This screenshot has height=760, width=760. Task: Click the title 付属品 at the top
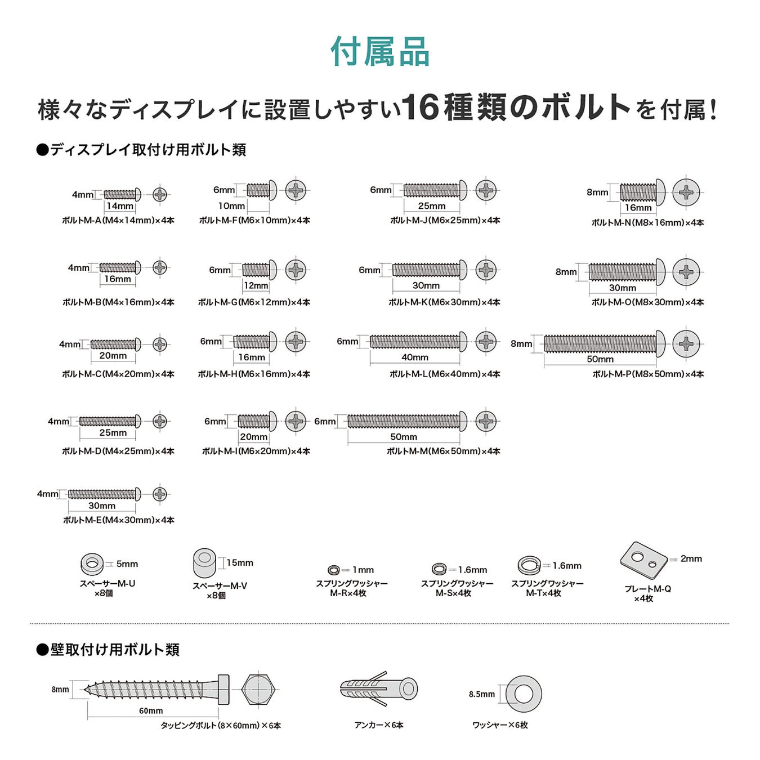380,52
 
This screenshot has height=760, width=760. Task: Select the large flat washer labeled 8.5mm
524,694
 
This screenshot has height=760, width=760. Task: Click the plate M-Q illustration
643,560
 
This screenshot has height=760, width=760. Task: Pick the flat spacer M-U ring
92,563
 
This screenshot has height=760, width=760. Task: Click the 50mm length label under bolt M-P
600,359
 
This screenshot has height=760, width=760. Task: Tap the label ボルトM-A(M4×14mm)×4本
118,220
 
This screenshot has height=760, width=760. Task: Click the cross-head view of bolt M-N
686,193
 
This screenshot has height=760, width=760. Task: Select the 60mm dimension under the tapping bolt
151,710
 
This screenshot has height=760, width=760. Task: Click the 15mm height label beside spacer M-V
240,563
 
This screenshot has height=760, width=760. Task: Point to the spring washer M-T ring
529,565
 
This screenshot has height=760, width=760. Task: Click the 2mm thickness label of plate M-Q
691,558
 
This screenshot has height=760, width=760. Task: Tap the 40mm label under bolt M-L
415,357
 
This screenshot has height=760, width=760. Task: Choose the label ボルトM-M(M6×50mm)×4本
443,451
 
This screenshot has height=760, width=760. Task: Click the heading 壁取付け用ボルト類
115,650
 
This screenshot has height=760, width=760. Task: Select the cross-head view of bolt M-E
160,494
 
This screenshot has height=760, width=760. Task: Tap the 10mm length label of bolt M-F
231,206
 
